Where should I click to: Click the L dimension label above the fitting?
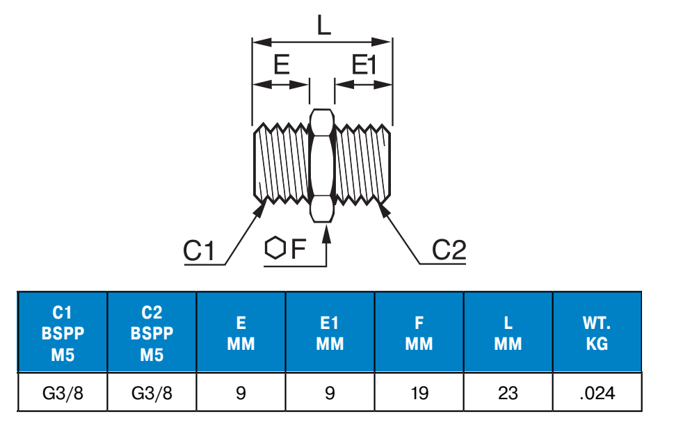point(324,26)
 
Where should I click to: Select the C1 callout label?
point(199,250)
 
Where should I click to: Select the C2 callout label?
point(449,250)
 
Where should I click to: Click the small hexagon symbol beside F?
point(275,248)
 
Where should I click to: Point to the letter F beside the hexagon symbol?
point(298,248)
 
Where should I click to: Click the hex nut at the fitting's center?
point(322,165)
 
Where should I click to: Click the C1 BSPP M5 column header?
point(63,332)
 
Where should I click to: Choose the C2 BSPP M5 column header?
point(152,332)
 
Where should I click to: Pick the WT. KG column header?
point(597,332)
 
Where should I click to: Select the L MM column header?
point(508,332)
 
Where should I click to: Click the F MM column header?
point(419,332)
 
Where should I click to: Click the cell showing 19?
point(419,393)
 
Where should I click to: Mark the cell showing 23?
point(508,393)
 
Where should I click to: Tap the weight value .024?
point(597,393)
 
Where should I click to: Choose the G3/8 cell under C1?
point(63,393)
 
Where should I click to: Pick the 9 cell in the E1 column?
point(330,393)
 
